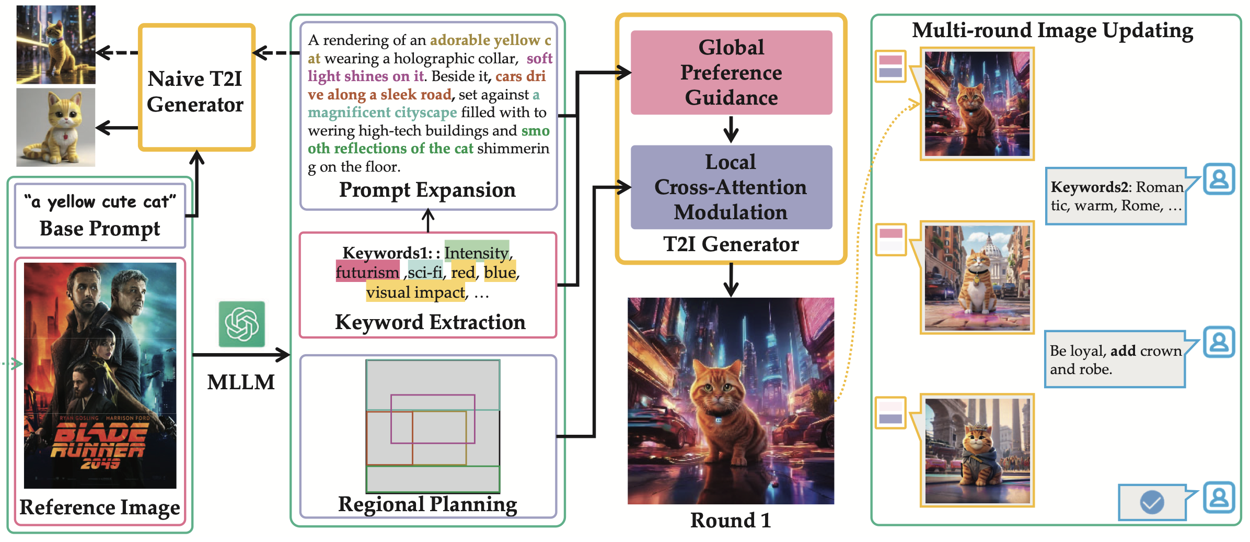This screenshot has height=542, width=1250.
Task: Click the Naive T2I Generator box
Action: click(196, 88)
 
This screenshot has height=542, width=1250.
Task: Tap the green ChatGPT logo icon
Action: click(241, 324)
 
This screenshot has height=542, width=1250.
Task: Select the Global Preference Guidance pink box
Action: click(731, 72)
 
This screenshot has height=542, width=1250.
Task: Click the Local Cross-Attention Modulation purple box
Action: click(731, 187)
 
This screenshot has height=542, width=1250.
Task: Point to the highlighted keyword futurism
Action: click(367, 273)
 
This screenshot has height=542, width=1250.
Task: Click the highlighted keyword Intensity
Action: click(476, 253)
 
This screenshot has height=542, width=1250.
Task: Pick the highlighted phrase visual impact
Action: click(415, 292)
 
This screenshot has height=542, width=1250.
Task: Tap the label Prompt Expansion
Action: click(427, 190)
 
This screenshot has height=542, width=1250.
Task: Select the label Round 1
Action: click(730, 521)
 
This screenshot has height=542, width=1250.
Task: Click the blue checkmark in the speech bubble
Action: click(1152, 502)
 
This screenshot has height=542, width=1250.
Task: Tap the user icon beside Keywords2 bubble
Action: click(1219, 179)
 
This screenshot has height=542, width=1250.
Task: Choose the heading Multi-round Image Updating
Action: click(1052, 30)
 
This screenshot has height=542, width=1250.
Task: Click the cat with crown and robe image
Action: click(977, 450)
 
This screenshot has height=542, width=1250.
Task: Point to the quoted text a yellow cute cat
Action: click(100, 202)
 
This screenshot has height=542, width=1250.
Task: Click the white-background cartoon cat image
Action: click(56, 127)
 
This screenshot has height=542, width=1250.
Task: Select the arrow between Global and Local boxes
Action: click(731, 129)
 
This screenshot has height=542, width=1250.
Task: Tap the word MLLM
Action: click(241, 382)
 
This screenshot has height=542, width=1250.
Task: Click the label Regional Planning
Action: click(427, 504)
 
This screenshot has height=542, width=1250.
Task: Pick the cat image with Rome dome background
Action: click(977, 278)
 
